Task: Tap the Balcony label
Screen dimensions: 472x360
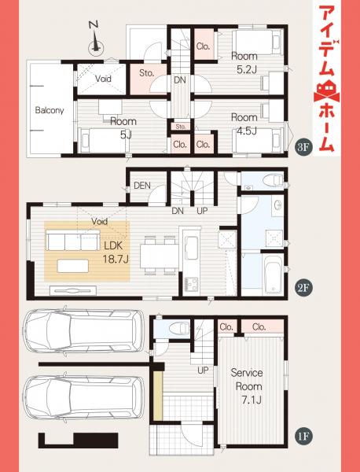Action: coord(49,110)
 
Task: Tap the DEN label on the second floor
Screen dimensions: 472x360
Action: coord(142,186)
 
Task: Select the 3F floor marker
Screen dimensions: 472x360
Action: coord(303,148)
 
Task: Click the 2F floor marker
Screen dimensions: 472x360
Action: coord(303,288)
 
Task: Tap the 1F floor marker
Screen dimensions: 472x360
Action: coord(303,433)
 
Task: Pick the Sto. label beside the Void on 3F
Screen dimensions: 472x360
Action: coord(146,73)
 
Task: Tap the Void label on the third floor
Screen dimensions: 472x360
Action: coord(103,79)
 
